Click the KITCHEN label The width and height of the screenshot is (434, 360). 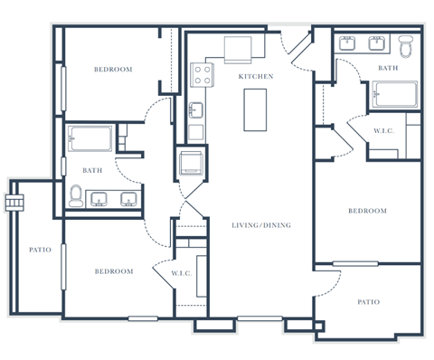[x=255, y=77]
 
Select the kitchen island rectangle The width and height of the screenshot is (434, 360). [x=258, y=109]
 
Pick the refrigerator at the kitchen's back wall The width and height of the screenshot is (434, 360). [x=239, y=48]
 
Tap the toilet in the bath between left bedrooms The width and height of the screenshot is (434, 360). [x=77, y=195]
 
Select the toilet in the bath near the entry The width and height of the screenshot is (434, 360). [x=406, y=43]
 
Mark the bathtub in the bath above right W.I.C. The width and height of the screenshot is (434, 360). [x=395, y=93]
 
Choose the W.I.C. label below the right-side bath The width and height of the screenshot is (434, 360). [x=382, y=131]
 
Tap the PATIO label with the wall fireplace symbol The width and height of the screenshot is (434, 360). [x=40, y=250]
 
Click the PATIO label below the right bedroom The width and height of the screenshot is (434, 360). [x=367, y=302]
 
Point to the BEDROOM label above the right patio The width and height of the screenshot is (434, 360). [x=367, y=211]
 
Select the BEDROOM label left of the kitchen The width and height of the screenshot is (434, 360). [x=114, y=70]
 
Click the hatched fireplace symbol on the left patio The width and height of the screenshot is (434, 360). [x=14, y=201]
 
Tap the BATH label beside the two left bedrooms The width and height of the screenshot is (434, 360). [x=91, y=169]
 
